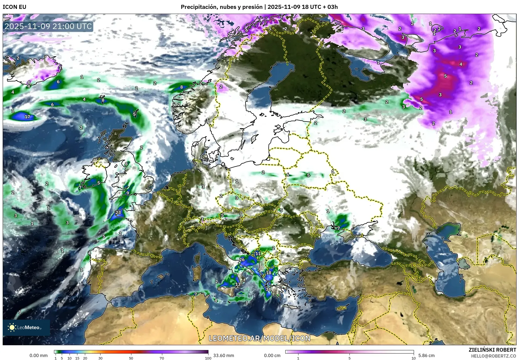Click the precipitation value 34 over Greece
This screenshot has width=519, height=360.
[x=268, y=289]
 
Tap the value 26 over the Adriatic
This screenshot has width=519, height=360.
[x=242, y=259]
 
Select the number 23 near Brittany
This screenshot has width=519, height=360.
[x=118, y=212]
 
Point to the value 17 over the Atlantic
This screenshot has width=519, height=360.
[x=27, y=117]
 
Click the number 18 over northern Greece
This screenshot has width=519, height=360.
[x=269, y=273]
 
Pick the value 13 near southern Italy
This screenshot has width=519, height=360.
[x=238, y=284]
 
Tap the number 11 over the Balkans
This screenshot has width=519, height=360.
[x=258, y=254]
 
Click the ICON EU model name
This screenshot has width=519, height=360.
[x=15, y=7]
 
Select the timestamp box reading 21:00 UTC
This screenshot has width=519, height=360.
[x=48, y=26]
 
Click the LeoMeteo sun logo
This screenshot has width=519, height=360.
[x=12, y=327]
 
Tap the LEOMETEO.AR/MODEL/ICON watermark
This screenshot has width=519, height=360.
[x=259, y=338]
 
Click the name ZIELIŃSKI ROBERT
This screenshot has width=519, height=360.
[x=492, y=350]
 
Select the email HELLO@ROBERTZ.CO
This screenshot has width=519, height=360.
[x=493, y=356]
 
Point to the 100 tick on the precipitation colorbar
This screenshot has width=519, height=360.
[x=208, y=358]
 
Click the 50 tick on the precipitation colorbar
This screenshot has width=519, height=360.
[x=131, y=358]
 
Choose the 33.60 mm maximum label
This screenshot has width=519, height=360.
[x=224, y=355]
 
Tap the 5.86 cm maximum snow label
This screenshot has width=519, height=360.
[x=426, y=355]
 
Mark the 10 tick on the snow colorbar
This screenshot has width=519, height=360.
[x=413, y=358]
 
